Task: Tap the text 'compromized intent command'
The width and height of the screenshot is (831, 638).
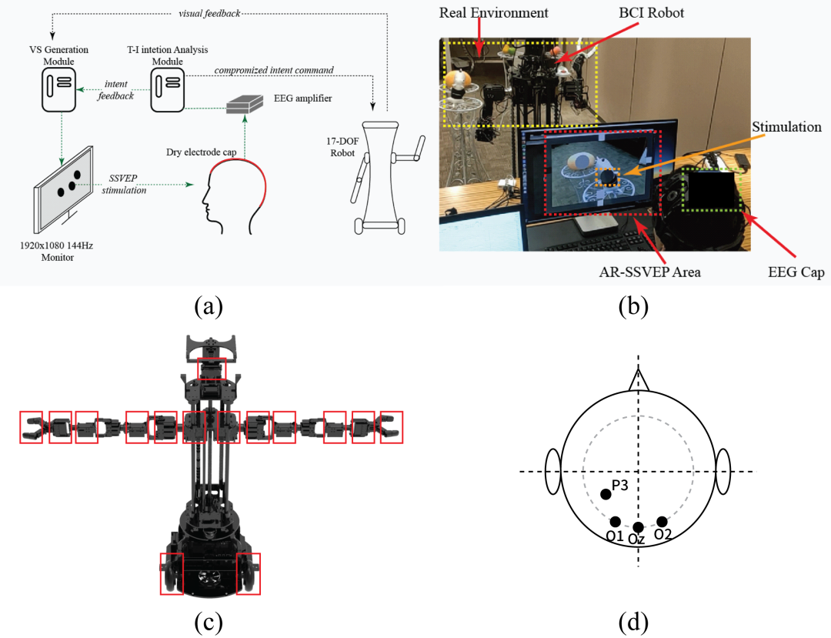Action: [274, 70]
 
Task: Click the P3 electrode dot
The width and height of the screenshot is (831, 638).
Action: [606, 493]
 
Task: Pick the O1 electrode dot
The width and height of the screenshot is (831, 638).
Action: [615, 522]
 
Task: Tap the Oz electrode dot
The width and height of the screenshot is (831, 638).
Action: [637, 527]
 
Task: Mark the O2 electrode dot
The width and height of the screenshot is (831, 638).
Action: [662, 522]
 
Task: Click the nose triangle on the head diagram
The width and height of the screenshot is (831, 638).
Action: [638, 379]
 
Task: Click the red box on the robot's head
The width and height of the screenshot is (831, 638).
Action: [212, 369]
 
